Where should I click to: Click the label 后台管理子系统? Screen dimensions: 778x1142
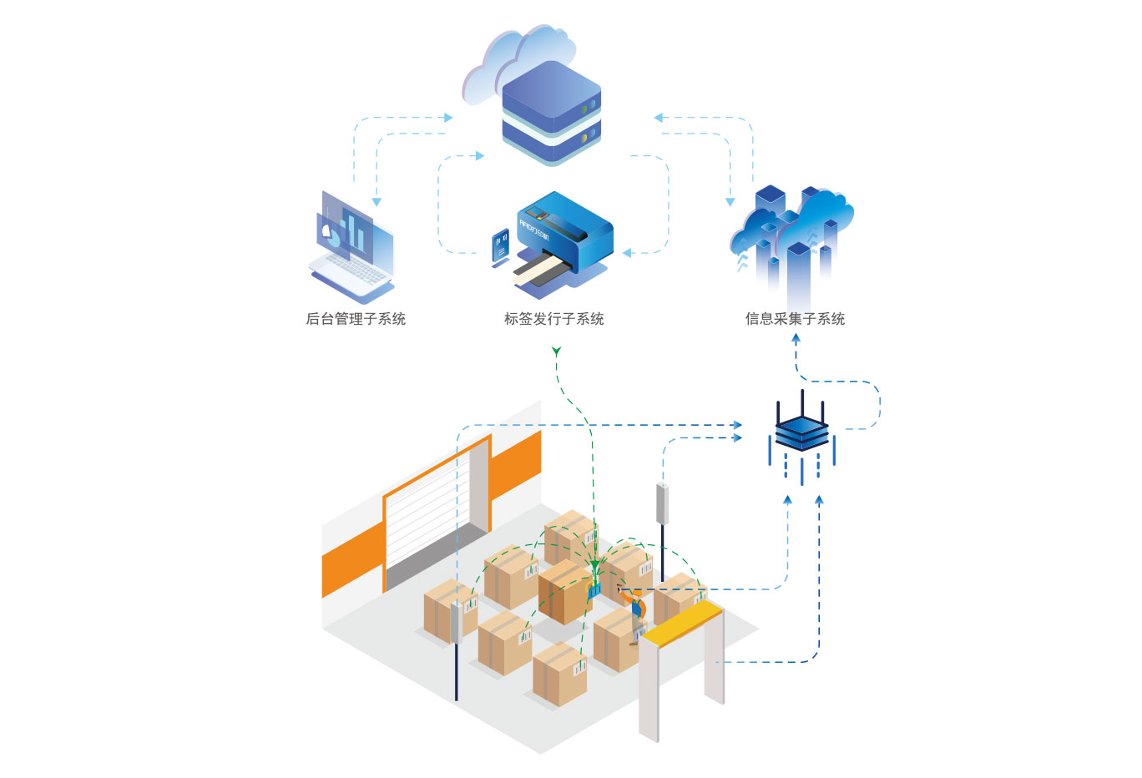356,319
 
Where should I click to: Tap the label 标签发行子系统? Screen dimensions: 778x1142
553,319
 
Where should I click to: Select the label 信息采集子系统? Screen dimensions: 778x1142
795,319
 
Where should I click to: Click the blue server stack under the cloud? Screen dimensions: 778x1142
552,113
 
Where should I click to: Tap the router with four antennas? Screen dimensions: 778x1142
801,430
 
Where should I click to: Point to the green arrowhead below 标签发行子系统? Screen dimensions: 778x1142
556,351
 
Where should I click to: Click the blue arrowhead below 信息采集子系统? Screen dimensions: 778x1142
796,340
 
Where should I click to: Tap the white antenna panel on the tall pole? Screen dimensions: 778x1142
662,503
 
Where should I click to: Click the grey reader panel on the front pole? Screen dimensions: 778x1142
456,623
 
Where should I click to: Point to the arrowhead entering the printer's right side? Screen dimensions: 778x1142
627,252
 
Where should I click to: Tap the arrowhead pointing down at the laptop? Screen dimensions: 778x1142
376,201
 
